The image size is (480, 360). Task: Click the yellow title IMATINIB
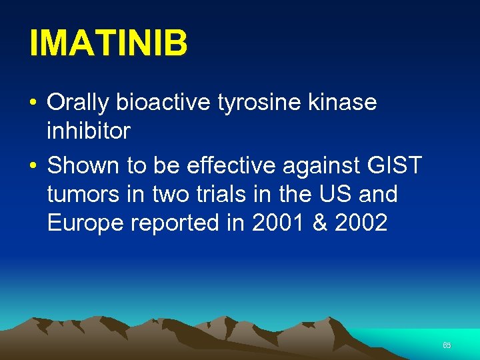[108, 44]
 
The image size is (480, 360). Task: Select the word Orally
[79, 103]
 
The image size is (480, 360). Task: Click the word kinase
[343, 103]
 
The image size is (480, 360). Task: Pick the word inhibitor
[89, 131]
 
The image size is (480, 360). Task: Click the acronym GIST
[398, 165]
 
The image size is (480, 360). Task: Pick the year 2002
[361, 223]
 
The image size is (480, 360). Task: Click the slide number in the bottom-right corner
[447, 345]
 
